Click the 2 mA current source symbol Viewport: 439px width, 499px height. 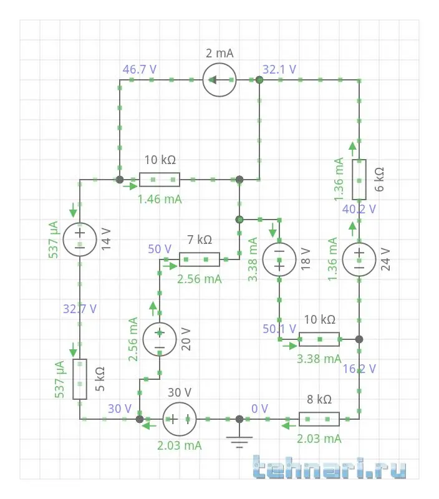(x=219, y=80)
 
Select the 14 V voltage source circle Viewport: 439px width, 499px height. (x=80, y=239)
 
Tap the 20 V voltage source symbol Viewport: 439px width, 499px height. (x=160, y=339)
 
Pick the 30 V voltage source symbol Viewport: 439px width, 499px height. (x=180, y=419)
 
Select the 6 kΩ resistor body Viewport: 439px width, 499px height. (x=359, y=179)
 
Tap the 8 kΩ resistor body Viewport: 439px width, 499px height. (x=319, y=419)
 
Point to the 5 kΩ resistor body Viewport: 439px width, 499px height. (x=80, y=379)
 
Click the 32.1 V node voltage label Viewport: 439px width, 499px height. (x=279, y=69)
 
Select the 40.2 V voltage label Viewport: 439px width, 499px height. (x=359, y=210)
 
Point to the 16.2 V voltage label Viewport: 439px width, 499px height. (x=359, y=369)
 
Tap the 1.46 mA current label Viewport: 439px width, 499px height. (x=160, y=200)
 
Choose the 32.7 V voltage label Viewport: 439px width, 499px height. (x=80, y=308)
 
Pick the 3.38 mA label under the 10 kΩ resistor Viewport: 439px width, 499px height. (x=319, y=359)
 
